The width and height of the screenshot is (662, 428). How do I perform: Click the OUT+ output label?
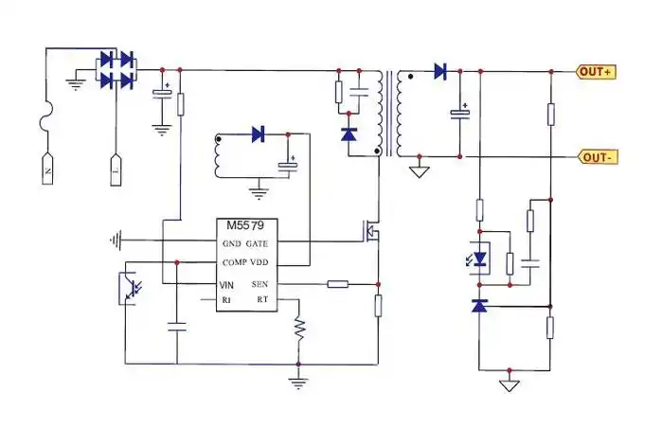(x=598, y=71)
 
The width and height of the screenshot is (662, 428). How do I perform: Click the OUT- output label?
(x=598, y=157)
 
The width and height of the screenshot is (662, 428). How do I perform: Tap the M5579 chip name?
(x=244, y=226)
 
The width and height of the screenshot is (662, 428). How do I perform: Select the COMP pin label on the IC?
(x=234, y=261)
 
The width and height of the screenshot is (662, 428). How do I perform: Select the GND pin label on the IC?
(x=232, y=243)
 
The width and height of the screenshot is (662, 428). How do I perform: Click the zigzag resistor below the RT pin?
(x=299, y=330)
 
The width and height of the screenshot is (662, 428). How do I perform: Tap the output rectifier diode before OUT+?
(x=439, y=70)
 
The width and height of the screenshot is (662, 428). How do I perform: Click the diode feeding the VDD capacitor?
(x=258, y=134)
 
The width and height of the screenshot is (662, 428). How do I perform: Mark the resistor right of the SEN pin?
(x=338, y=283)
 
